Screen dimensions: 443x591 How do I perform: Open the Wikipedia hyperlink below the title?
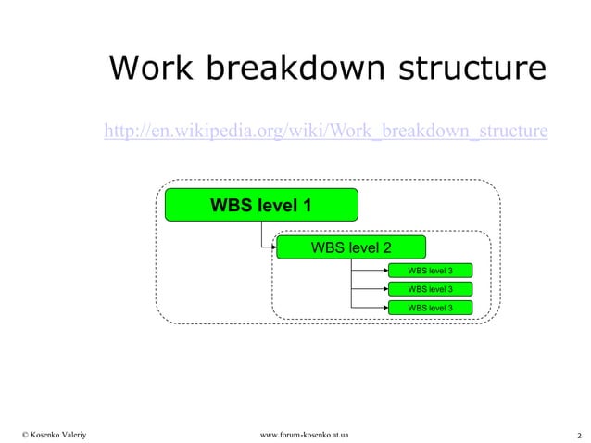(326, 132)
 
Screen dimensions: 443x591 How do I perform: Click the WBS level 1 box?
(260, 205)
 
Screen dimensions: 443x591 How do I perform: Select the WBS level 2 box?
(351, 247)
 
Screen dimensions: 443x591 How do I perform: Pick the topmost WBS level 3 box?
(430, 271)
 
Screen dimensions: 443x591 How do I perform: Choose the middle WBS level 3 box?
(430, 289)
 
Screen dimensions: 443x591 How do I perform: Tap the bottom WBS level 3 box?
(430, 308)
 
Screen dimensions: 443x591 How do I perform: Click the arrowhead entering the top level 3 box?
(384, 271)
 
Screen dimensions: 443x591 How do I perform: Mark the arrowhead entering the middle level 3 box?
(384, 289)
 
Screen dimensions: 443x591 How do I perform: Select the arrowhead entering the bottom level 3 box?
(384, 308)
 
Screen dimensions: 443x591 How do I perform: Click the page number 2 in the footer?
(578, 435)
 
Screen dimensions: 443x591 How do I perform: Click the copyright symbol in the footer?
(26, 434)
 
